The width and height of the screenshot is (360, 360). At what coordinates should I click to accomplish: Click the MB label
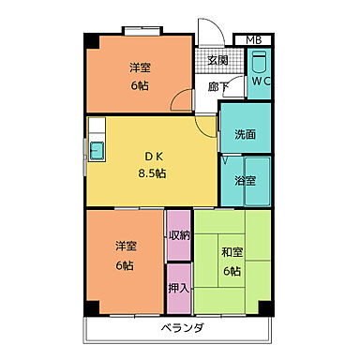pos(253,39)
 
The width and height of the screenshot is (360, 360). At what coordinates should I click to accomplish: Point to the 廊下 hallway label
pos(217,87)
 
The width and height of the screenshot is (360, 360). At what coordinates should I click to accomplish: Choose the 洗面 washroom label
pos(246,134)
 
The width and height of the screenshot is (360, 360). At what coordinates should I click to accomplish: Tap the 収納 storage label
pos(178,235)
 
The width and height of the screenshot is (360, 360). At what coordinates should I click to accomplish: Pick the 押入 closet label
pos(178,288)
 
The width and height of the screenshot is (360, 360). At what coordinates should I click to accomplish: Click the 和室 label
pos(232,253)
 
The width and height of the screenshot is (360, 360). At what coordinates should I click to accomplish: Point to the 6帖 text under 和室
pos(232,272)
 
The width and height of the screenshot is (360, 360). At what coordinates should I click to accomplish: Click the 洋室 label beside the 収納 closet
pos(126,247)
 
